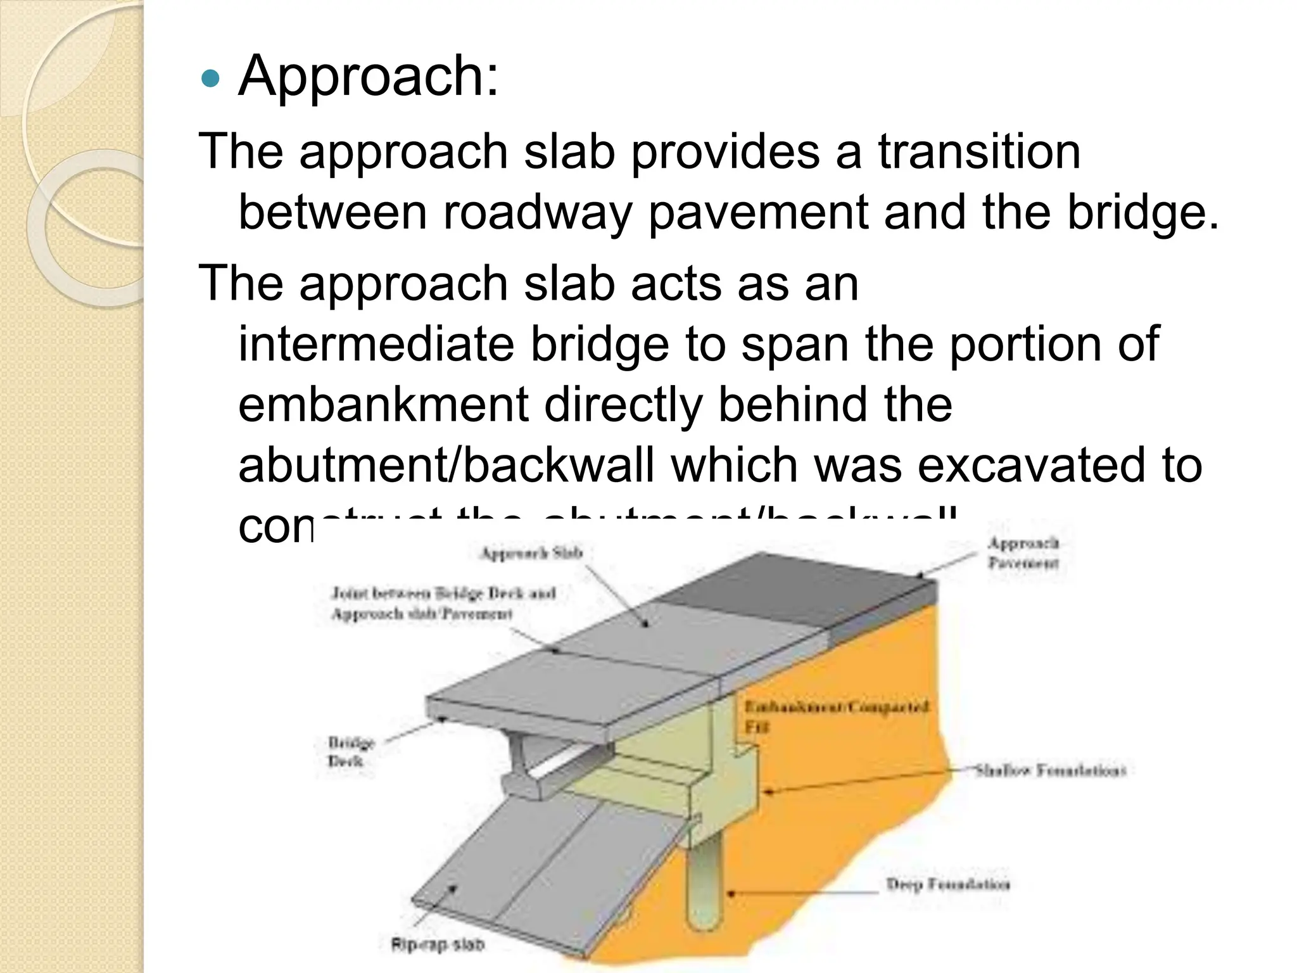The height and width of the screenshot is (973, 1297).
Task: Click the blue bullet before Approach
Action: (x=209, y=79)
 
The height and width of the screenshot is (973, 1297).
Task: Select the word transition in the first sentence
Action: (x=978, y=152)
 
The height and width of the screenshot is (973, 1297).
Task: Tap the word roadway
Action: (x=537, y=212)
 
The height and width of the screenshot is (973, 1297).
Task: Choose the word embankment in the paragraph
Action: (x=383, y=405)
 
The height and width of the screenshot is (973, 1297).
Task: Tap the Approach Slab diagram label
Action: (x=531, y=553)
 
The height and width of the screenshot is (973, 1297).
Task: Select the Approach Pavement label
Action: (x=1023, y=552)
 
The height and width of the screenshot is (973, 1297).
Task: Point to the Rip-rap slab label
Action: (x=437, y=944)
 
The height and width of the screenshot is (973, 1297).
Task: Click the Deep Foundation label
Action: (x=947, y=884)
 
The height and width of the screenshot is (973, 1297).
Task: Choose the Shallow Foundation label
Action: (x=1050, y=771)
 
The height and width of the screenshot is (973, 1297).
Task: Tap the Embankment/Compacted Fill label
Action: (x=836, y=716)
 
